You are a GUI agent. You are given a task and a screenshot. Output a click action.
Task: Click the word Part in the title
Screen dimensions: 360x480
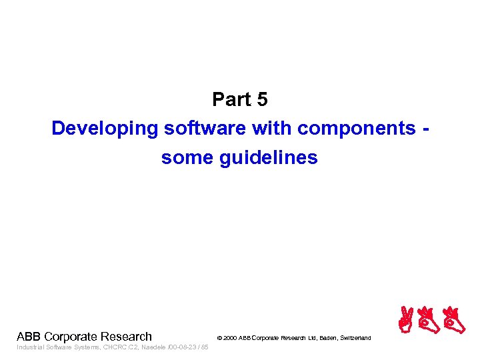coord(229,99)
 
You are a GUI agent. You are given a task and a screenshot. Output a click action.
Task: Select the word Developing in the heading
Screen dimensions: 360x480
coord(103,128)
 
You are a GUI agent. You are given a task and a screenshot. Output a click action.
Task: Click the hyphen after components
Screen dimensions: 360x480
coord(425,129)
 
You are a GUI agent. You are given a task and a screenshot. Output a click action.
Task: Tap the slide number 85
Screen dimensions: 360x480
coord(204,347)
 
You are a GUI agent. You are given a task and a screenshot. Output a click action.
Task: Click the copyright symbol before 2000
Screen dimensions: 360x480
coord(219,339)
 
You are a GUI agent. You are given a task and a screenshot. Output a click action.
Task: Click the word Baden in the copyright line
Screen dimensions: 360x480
coord(327,339)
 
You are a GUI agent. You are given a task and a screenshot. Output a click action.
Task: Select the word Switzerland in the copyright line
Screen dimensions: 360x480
coord(356,339)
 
